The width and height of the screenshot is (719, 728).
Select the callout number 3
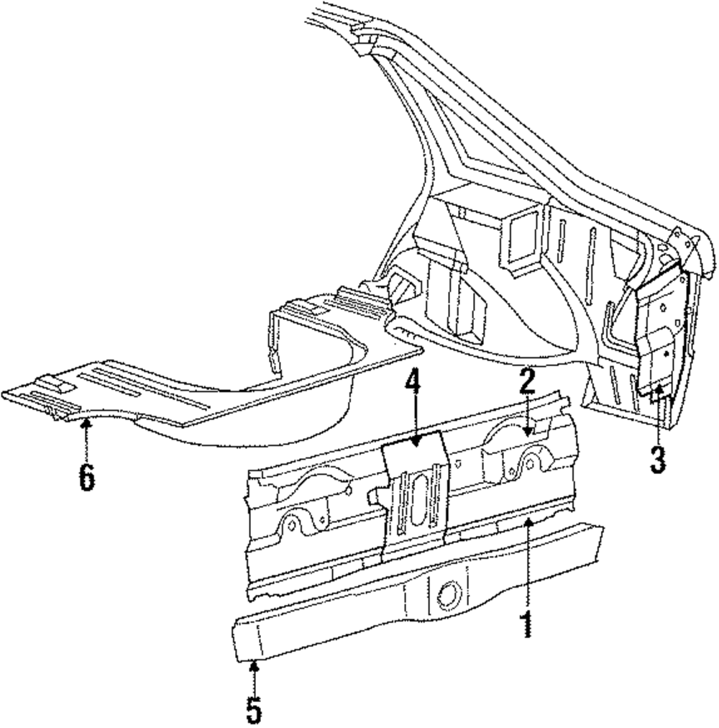[658, 459]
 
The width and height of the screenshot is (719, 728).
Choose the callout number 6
[86, 476]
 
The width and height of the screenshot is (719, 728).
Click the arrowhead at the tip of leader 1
[528, 519]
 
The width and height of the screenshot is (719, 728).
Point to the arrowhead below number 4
[414, 444]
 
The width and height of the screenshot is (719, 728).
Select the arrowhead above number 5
[252, 664]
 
